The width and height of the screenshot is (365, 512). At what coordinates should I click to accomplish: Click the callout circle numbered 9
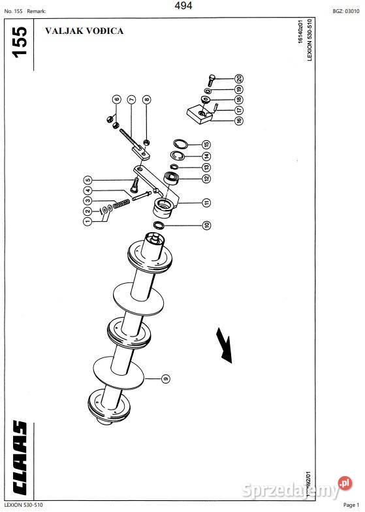[166, 378]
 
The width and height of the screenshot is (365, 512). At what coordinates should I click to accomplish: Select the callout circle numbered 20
[239, 78]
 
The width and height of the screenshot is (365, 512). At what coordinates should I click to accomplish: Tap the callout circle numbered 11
[206, 203]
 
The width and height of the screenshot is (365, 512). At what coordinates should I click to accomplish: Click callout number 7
[131, 100]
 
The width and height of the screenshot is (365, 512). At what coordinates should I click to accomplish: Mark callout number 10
[206, 225]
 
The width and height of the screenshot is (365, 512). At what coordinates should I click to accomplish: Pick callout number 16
[239, 121]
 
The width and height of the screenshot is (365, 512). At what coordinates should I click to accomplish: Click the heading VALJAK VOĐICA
[84, 31]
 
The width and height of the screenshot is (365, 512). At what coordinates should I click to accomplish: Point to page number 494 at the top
[183, 6]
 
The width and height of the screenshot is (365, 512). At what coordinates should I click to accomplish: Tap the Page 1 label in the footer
[351, 505]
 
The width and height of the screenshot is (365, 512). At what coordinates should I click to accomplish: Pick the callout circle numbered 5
[87, 180]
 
